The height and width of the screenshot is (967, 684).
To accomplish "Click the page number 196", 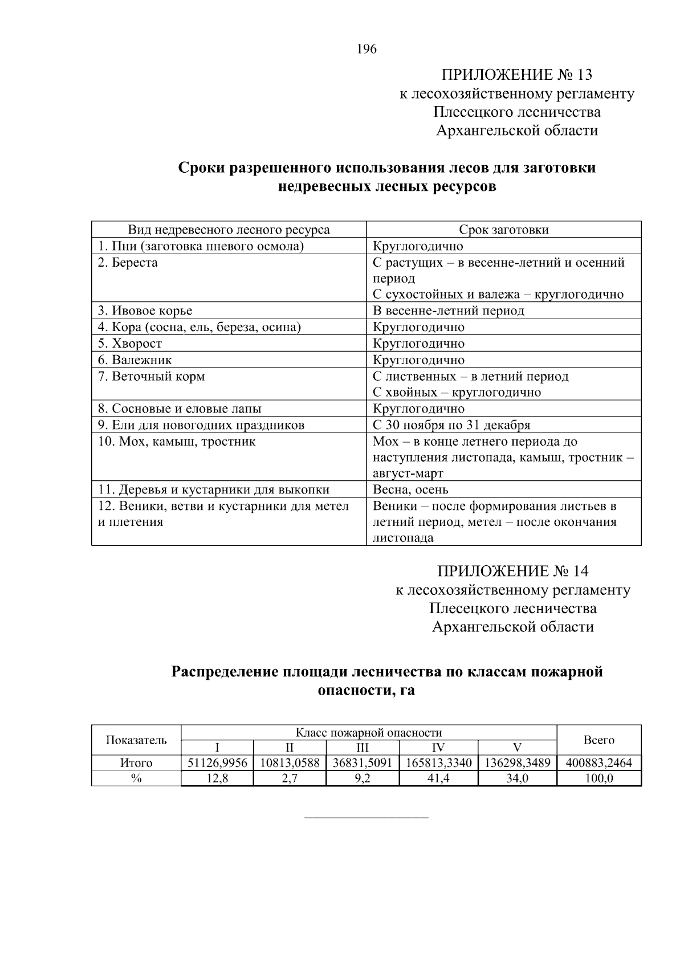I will click(x=367, y=49).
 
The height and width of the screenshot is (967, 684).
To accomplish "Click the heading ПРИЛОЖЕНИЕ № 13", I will click(x=516, y=75).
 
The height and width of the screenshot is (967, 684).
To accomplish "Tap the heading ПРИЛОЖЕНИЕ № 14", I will click(x=512, y=571).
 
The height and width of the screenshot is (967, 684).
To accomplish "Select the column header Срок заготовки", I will click(x=504, y=230).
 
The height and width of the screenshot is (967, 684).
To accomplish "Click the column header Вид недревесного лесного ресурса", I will click(x=229, y=230).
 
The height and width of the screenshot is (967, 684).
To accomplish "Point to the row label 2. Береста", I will click(x=128, y=263).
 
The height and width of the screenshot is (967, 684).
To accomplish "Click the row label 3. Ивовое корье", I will click(x=145, y=311).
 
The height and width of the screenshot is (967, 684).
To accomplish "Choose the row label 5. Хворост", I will click(x=130, y=344).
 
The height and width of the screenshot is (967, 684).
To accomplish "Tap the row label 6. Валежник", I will click(x=135, y=360).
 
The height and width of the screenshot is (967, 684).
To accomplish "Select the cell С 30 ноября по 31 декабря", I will click(x=451, y=425).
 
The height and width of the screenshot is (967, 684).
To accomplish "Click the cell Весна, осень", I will click(x=410, y=489).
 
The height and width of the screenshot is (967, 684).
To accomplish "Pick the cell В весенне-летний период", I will click(x=449, y=311).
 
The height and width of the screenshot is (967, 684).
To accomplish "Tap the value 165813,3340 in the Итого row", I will click(x=439, y=763).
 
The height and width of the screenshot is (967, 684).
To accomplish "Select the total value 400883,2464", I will click(x=598, y=763).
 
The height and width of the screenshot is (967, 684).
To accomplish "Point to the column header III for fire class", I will click(x=363, y=748).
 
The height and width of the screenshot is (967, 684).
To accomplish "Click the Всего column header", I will click(x=598, y=740).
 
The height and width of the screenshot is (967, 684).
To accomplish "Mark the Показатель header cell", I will click(x=136, y=740).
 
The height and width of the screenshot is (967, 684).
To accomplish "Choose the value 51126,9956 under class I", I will click(x=217, y=763).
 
